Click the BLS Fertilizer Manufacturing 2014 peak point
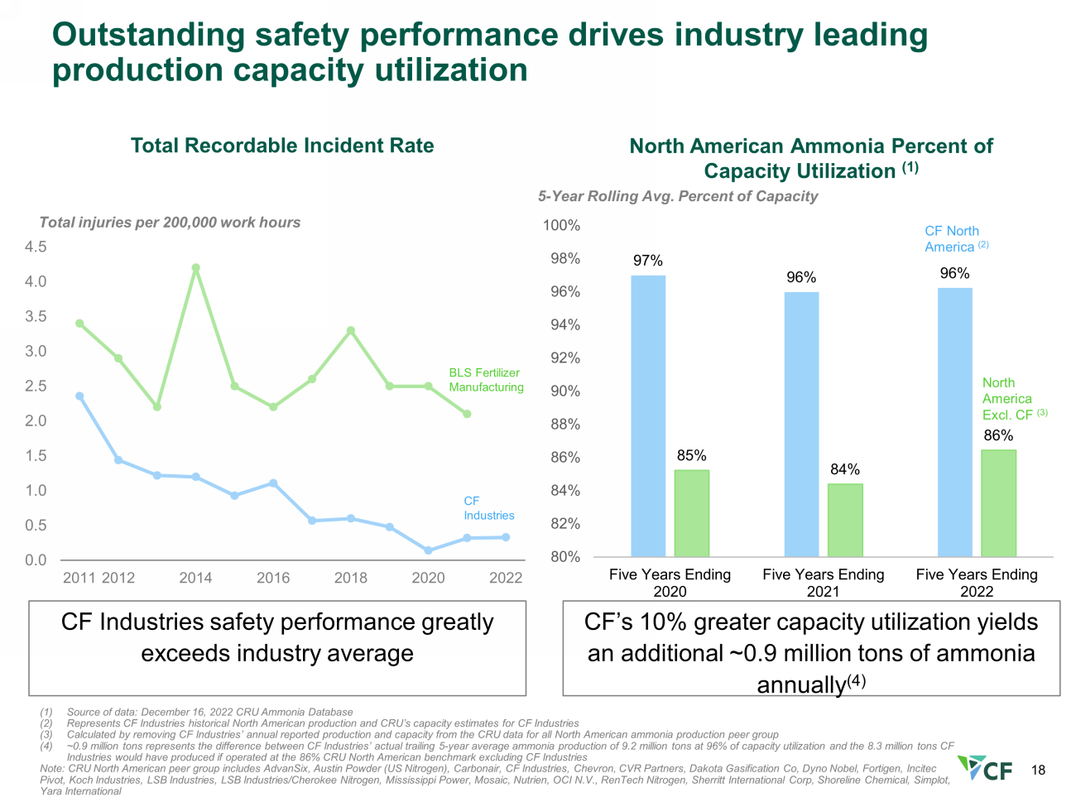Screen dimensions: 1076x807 click(195, 268)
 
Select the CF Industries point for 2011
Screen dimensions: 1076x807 click(79, 396)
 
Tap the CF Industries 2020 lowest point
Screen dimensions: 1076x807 click(428, 550)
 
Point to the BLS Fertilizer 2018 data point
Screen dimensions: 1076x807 click(350, 331)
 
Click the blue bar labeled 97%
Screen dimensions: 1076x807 click(648, 416)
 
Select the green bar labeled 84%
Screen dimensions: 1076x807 click(845, 521)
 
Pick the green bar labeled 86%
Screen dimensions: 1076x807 click(998, 503)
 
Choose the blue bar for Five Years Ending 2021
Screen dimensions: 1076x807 click(801, 425)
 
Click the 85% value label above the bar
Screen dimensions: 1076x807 click(691, 456)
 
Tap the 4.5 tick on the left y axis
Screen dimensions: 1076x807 click(36, 247)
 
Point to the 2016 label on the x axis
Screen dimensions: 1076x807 click(273, 578)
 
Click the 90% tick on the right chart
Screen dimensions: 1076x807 click(565, 391)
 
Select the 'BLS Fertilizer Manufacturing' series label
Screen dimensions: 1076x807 click(487, 380)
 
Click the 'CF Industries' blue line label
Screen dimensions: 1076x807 click(488, 508)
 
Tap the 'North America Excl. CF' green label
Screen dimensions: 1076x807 click(1015, 399)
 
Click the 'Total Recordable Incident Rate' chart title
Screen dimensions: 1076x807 click(282, 146)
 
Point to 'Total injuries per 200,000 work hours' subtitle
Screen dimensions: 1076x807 click(170, 223)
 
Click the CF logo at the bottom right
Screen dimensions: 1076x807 click(984, 768)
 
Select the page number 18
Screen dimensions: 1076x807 click(1038, 771)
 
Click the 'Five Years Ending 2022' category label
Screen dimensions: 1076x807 click(977, 583)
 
